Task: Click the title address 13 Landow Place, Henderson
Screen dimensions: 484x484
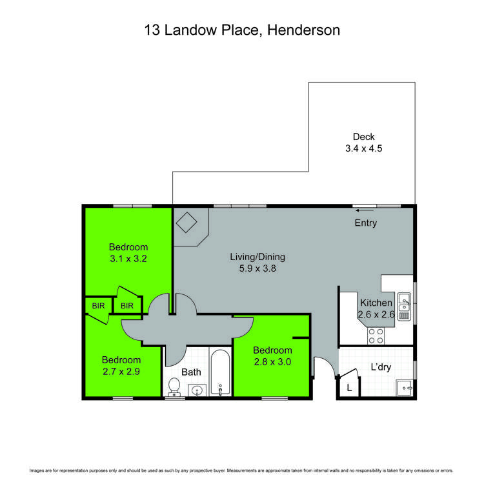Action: pos(241,30)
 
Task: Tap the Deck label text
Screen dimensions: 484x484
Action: pos(363,137)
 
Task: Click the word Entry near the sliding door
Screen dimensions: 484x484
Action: pos(365,223)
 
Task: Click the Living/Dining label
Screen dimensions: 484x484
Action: pos(257,257)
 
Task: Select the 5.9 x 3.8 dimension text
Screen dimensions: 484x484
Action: pos(257,269)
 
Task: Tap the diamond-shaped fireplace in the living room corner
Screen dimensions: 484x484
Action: pos(187,223)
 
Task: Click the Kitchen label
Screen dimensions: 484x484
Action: pos(376,303)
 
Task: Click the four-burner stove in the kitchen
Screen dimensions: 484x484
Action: pos(376,336)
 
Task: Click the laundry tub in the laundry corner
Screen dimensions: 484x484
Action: pos(405,388)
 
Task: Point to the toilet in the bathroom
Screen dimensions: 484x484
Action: pos(173,387)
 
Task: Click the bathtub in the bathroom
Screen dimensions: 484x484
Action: pos(220,374)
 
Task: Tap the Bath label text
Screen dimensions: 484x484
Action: pos(192,372)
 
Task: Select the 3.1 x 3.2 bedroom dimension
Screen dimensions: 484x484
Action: pos(128,259)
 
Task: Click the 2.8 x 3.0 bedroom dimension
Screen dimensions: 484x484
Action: pos(272,362)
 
